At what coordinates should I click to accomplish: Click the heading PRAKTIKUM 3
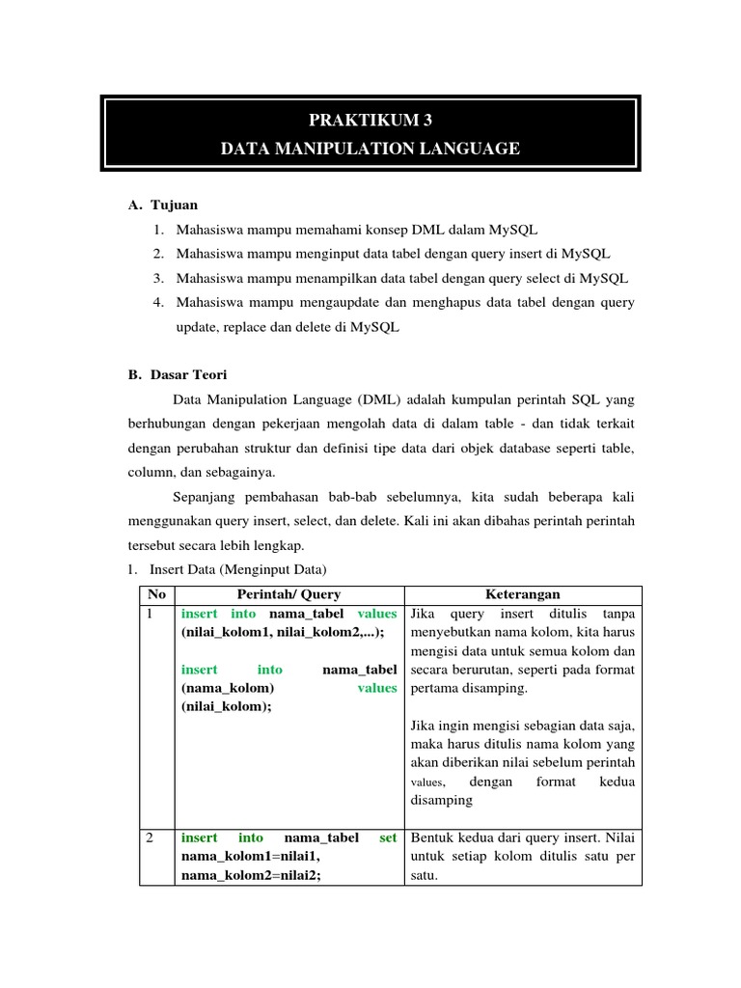pyautogui.click(x=370, y=121)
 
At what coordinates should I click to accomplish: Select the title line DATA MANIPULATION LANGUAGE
pyautogui.click(x=370, y=149)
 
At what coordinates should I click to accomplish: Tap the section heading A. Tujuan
pyautogui.click(x=163, y=205)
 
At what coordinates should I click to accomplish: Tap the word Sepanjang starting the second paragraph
pyautogui.click(x=205, y=497)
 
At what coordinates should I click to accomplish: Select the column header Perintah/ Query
pyautogui.click(x=288, y=594)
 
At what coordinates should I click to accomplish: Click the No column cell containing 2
pyautogui.click(x=151, y=838)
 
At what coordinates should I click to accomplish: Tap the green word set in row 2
pyautogui.click(x=388, y=838)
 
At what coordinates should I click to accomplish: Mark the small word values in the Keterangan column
pyautogui.click(x=427, y=782)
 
